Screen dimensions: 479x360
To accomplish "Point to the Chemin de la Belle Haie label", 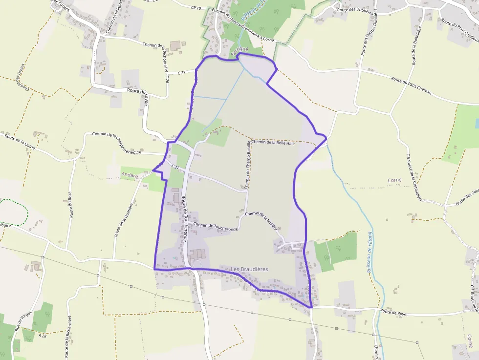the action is point(274,143).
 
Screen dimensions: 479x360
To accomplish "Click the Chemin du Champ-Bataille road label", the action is point(248,164).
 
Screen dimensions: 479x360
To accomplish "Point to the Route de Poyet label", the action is point(394,313).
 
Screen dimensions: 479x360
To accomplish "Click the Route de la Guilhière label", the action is point(124,220).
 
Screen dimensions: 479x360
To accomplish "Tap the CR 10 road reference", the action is point(196,8).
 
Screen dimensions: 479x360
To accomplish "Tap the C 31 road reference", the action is point(175,167).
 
